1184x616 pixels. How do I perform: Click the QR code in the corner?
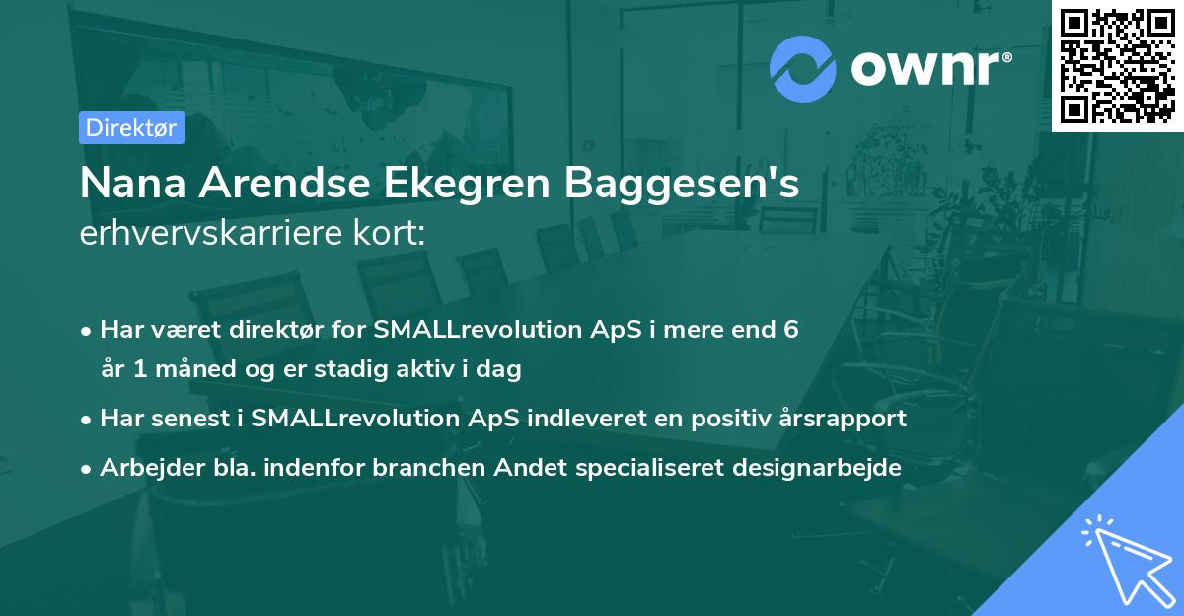(1118, 65)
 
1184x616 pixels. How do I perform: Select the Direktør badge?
(132, 127)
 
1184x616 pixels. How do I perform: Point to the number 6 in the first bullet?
(790, 330)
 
